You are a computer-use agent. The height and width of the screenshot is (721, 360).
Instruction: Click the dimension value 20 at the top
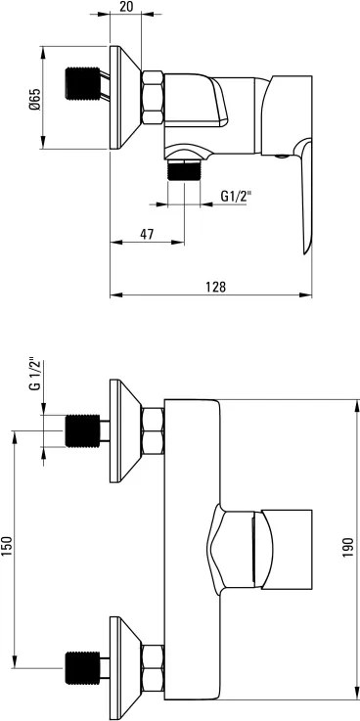coord(126,7)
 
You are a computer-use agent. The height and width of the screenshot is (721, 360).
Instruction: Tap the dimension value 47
coord(147,235)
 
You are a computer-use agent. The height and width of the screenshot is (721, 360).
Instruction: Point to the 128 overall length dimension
coord(215,287)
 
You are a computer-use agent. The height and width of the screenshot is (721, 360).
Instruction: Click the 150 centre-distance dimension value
coord(7,546)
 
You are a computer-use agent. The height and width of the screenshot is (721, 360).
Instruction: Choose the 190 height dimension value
coord(347,547)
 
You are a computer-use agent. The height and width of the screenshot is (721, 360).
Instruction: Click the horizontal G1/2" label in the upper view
coord(237,197)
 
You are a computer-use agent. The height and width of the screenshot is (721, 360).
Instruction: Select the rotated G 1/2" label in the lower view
coord(35,374)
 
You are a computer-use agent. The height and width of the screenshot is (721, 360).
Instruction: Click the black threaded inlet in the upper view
coord(83,83)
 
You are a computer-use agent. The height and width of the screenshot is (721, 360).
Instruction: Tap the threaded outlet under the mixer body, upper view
coord(184,170)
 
